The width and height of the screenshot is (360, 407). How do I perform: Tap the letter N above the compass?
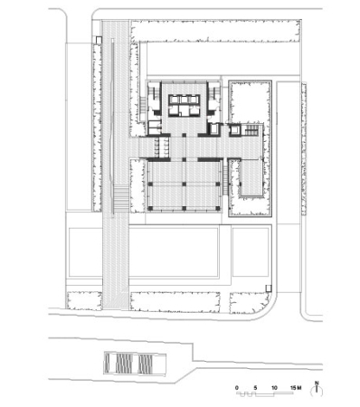(x=317, y=384)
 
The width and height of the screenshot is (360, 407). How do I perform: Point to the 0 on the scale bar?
(x=238, y=387)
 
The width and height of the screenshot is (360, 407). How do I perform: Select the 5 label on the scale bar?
(x=256, y=387)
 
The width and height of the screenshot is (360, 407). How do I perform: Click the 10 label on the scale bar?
(x=274, y=387)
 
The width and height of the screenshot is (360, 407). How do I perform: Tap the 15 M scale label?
(x=294, y=387)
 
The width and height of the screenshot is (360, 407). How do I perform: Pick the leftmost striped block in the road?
(x=115, y=364)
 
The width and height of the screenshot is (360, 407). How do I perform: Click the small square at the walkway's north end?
(x=98, y=39)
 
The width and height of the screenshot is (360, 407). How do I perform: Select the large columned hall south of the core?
(x=185, y=185)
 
